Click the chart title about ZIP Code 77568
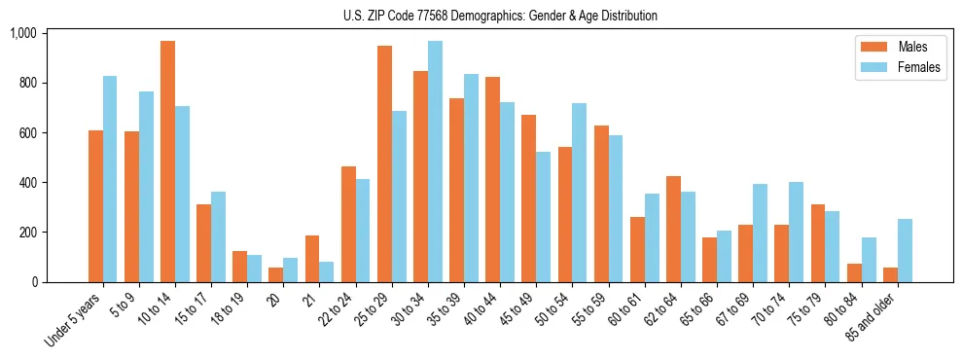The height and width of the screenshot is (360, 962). tap(500, 16)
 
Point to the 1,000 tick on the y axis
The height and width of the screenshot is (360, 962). tap(22, 33)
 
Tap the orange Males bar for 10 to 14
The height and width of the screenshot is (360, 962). tap(167, 162)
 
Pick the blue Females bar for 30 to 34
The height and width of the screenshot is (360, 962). tap(435, 162)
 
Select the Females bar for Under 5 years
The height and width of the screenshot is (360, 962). tap(110, 179)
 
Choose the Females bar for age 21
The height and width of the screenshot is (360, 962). tap(327, 271)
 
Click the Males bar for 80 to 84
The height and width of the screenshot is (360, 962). tap(854, 272)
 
